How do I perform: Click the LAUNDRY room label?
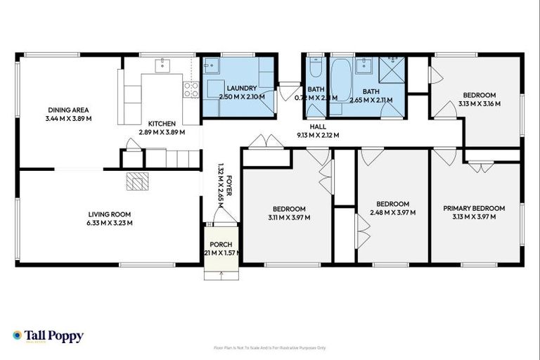coord(241,89)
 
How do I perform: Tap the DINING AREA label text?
coord(69,110)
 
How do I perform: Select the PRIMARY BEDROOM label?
coord(474,208)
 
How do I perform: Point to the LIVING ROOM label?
coord(110,214)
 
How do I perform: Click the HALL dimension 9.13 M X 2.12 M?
coord(318,135)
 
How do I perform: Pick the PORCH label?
coord(221,244)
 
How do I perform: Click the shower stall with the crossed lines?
coord(391,70)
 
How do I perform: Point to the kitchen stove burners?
coord(191,89)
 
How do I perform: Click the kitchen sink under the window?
coord(165,65)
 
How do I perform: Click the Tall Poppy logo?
coord(48,336)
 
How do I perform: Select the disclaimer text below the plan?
coord(270,347)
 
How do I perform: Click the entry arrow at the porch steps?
coord(221,274)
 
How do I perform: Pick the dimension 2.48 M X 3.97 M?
coord(392,212)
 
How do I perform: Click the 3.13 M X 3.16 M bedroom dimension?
coord(479,103)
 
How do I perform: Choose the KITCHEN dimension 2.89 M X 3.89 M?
coord(162,131)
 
